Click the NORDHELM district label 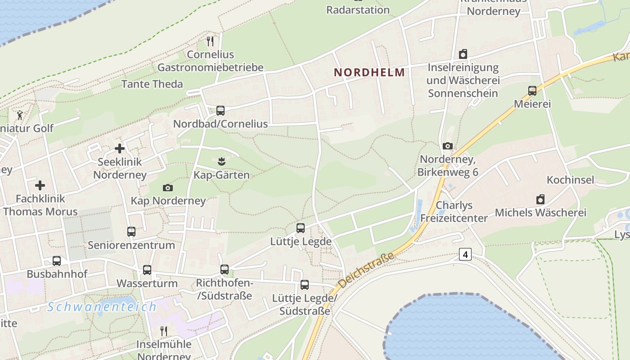369,72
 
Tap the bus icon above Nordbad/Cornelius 220,110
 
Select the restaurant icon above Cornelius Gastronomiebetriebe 210,41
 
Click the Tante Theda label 152,84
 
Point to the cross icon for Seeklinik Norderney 120,148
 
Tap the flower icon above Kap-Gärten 220,160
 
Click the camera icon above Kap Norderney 168,188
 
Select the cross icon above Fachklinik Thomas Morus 40,185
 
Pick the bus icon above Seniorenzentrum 131,232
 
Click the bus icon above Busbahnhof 57,261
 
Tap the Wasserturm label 147,283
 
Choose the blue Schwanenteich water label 102,307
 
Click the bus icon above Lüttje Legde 301,228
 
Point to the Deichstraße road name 367,270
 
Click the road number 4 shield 465,254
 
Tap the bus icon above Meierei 532,91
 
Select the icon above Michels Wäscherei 540,199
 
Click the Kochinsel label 571,180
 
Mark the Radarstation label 358,10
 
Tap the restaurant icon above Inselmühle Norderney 164,331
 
